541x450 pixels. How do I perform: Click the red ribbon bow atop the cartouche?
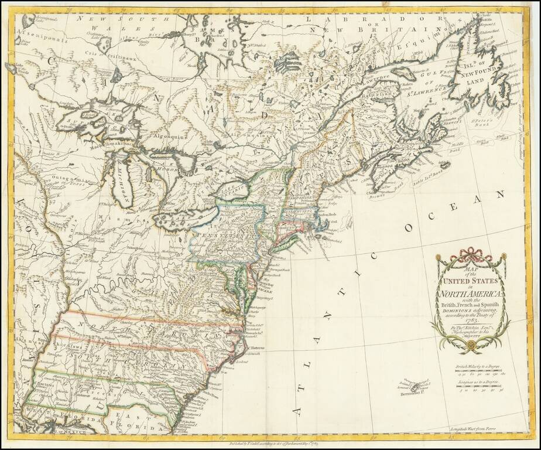[469, 253]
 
